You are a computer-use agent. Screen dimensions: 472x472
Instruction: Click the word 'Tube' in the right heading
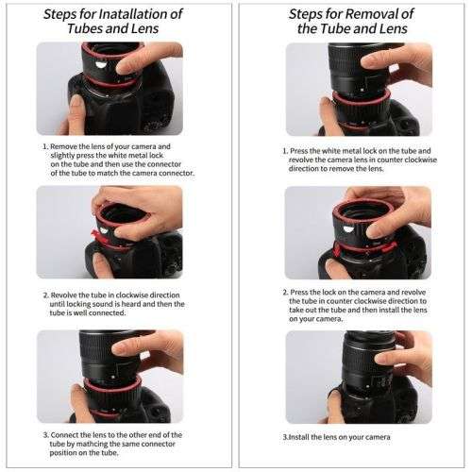[x=335, y=28]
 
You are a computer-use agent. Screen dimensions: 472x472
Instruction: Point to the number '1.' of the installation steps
[x=45, y=147]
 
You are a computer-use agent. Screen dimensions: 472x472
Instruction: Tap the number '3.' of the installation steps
[x=45, y=408]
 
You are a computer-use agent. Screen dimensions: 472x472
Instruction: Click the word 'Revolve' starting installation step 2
[x=66, y=295]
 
